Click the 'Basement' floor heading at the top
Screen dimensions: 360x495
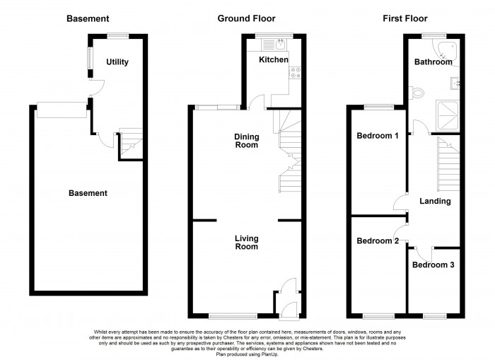88,18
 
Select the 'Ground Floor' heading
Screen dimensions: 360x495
246,18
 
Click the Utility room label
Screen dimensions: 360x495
117,62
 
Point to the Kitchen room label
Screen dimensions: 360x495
273,60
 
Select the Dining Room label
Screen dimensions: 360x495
247,140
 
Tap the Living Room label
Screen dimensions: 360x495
247,243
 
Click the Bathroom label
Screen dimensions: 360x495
433,62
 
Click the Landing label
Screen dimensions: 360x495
435,202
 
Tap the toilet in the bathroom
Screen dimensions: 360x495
418,92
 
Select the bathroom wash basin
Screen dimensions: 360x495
456,83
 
